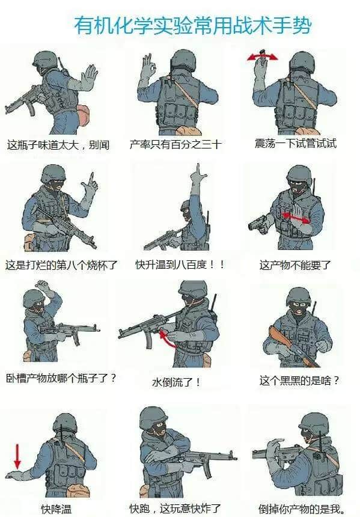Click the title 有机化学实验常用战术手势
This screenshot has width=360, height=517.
(193, 25)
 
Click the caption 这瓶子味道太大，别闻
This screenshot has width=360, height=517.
(58, 145)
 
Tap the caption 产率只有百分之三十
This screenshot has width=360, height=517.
(175, 144)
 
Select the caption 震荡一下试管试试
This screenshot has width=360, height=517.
(296, 144)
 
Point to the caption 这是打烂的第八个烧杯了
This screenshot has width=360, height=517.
(61, 265)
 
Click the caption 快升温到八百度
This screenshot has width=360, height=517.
(180, 264)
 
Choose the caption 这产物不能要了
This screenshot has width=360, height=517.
(295, 265)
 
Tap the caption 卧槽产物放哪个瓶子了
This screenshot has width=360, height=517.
(61, 378)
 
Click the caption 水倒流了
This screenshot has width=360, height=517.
(175, 382)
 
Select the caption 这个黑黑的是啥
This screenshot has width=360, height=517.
(299, 381)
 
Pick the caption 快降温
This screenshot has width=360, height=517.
(56, 509)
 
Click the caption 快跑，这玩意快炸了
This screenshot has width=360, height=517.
(175, 509)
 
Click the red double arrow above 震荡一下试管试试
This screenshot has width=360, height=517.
(263, 57)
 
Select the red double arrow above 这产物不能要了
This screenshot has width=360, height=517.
(296, 217)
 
